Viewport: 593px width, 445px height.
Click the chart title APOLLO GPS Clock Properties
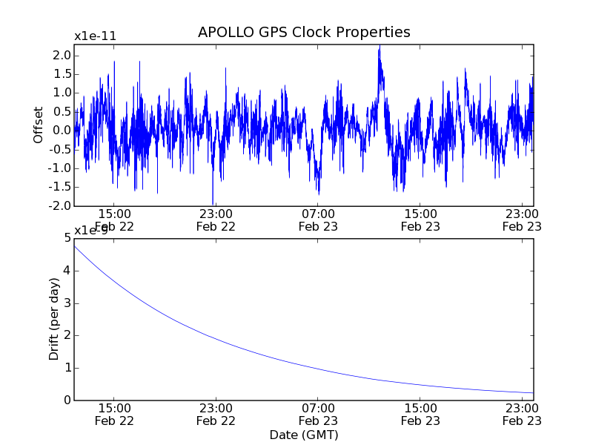point(304,33)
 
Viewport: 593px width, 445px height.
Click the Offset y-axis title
point(39,125)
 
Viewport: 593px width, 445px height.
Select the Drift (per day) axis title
point(54,318)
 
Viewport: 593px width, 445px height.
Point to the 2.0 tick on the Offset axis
point(62,56)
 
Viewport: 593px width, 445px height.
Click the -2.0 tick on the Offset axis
point(60,205)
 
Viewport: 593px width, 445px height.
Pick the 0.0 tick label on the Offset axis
point(62,131)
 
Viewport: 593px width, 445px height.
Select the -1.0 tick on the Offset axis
point(60,168)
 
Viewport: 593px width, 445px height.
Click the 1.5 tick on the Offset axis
point(62,74)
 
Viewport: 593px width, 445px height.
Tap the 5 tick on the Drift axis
point(67,238)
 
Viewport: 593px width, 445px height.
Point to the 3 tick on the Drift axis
point(67,303)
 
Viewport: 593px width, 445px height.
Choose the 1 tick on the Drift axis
point(67,368)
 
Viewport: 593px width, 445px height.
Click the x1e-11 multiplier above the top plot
point(95,36)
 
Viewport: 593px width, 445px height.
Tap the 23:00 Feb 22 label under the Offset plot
point(216,220)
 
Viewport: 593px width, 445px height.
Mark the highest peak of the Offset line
point(380,46)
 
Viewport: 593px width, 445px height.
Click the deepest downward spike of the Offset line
point(213,203)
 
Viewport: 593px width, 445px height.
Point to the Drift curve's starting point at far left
point(75,245)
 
